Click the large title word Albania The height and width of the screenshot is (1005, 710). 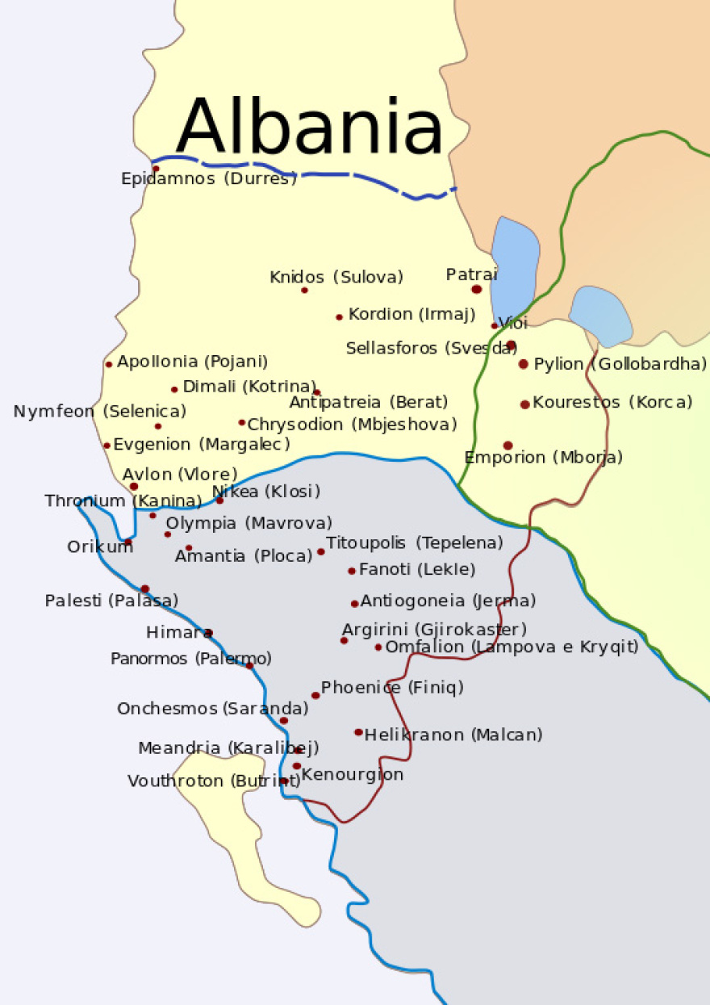pyautogui.click(x=309, y=128)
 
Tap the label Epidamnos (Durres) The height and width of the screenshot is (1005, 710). pyautogui.click(x=209, y=179)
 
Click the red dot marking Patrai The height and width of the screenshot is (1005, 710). pyautogui.click(x=477, y=289)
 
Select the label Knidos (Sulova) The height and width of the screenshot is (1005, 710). pyautogui.click(x=336, y=278)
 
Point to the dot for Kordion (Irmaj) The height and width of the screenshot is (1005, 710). pyautogui.click(x=340, y=317)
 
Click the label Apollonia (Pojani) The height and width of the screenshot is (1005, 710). pyautogui.click(x=193, y=362)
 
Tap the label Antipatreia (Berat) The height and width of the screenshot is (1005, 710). pyautogui.click(x=369, y=402)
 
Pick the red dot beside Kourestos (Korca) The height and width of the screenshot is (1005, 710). pyautogui.click(x=525, y=404)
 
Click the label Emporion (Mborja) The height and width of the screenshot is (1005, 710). pyautogui.click(x=544, y=458)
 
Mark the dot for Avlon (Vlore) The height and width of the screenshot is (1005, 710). pyautogui.click(x=134, y=487)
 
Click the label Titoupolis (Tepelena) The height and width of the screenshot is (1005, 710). pyautogui.click(x=415, y=542)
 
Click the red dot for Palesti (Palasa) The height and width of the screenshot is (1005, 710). pyautogui.click(x=145, y=588)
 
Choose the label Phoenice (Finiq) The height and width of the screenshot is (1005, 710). pyautogui.click(x=392, y=688)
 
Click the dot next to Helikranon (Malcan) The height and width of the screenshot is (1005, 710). pyautogui.click(x=358, y=732)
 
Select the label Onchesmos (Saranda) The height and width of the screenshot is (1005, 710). pyautogui.click(x=213, y=709)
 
